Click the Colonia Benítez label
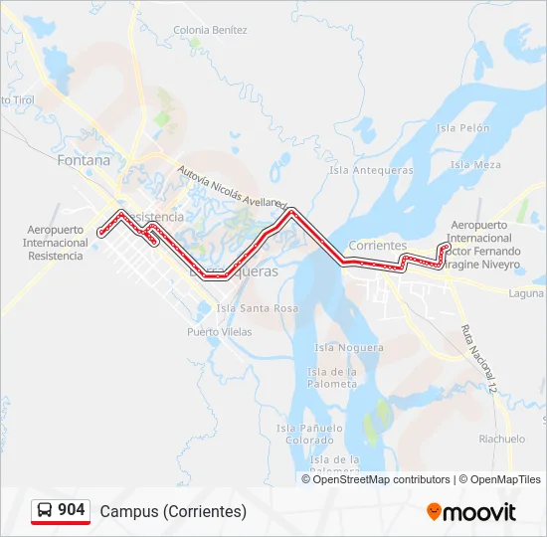210,30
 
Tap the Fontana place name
84,159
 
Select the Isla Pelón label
462,128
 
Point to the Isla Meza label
475,165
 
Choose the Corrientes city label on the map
378,245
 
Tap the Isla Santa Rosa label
257,308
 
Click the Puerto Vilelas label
219,332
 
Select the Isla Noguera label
348,347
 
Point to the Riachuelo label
501,439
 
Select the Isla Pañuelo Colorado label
309,434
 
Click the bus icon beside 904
45,510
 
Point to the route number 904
72,510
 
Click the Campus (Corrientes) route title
173,511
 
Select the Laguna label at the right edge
525,293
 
